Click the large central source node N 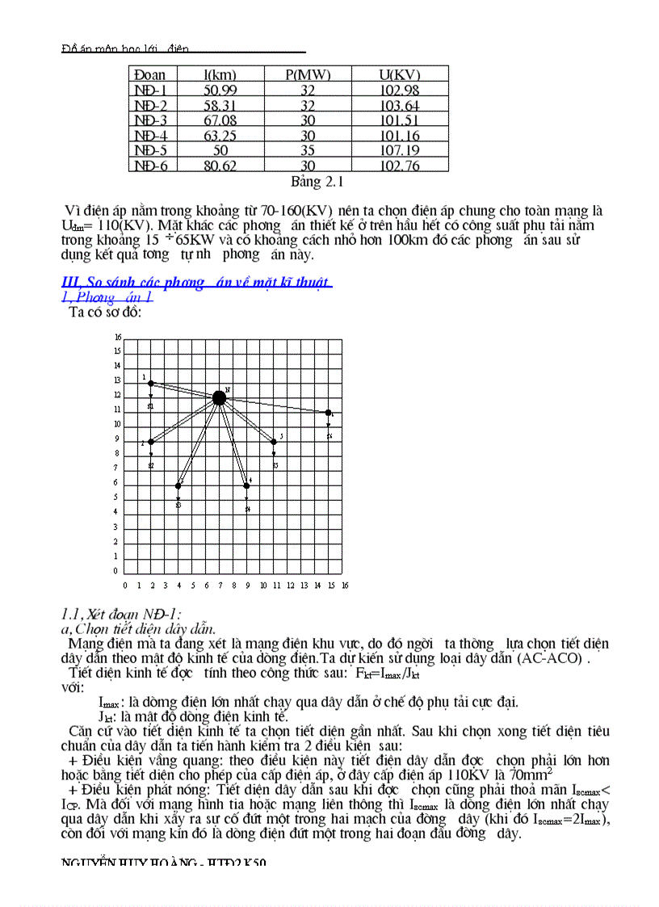[219, 397]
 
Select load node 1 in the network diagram [151, 383]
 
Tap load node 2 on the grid [151, 442]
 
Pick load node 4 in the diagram [246, 485]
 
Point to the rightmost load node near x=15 [328, 413]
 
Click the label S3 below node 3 [275, 466]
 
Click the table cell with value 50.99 [220, 90]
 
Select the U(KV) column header [400, 75]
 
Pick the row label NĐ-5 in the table [150, 150]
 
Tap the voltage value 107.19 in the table [400, 150]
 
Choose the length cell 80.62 [220, 166]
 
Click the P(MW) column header [308, 75]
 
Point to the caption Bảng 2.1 [317, 182]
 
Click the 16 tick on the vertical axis [117, 337]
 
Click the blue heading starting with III [196, 282]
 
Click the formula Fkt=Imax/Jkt [387, 673]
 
